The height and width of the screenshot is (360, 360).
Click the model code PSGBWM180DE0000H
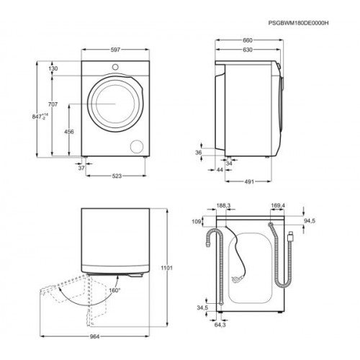[298, 23]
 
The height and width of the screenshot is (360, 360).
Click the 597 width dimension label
[115, 50]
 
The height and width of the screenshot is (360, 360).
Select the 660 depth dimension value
[248, 40]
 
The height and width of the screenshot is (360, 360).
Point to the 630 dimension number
[248, 50]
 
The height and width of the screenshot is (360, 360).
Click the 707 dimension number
[53, 104]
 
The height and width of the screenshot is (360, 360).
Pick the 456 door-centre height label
[69, 132]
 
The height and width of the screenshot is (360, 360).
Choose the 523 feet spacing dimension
[117, 176]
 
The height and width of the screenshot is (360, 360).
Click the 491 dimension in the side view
[249, 181]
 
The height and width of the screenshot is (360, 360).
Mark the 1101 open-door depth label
[166, 268]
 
